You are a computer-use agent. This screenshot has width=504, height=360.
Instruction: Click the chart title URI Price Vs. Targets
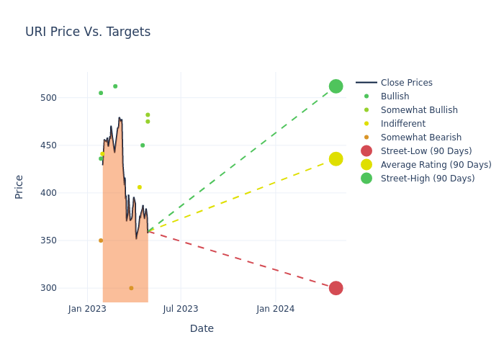click(x=88, y=32)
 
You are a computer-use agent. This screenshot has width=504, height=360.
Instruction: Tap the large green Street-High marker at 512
click(x=336, y=86)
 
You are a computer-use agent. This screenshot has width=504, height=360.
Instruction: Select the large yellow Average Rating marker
click(x=336, y=159)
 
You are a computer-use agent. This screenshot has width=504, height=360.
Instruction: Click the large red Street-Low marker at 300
click(x=336, y=288)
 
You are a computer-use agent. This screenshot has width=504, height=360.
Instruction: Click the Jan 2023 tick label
click(x=87, y=309)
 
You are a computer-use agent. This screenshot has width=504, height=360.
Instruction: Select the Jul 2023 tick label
click(x=181, y=309)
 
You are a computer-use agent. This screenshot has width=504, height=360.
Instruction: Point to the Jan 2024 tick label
click(x=275, y=309)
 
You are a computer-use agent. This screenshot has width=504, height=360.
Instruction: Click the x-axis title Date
click(x=202, y=328)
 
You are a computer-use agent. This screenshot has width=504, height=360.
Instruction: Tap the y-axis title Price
click(x=19, y=186)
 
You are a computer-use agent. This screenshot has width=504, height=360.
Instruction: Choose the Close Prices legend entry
click(x=406, y=83)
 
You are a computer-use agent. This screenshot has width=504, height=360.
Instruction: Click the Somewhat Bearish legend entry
click(x=420, y=138)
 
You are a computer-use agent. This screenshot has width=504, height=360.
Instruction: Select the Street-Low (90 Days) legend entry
click(x=426, y=151)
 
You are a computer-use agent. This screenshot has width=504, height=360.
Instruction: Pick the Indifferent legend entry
click(x=402, y=124)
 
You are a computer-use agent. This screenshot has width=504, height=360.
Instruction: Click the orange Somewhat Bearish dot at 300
click(x=131, y=288)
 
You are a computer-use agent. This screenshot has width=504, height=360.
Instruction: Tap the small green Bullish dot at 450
click(x=143, y=145)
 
